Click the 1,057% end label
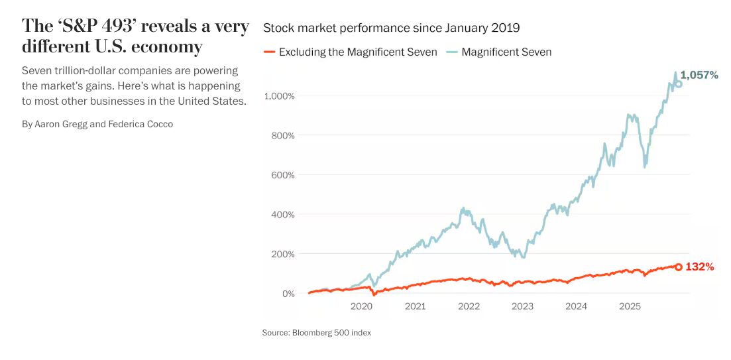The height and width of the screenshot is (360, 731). pyautogui.click(x=699, y=75)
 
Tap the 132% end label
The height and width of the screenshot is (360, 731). pyautogui.click(x=699, y=267)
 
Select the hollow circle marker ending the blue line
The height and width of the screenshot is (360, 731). pyautogui.click(x=678, y=84)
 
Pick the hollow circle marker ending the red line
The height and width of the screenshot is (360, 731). pyautogui.click(x=678, y=267)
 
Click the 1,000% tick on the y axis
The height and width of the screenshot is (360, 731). pyautogui.click(x=279, y=96)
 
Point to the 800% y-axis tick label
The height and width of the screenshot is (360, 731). pyautogui.click(x=282, y=135)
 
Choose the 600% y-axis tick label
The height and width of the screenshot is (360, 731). pyautogui.click(x=282, y=175)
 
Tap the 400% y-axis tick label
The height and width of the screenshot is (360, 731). pyautogui.click(x=282, y=214)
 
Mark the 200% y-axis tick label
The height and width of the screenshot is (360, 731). pyautogui.click(x=282, y=254)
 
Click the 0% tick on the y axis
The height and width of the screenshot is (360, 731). pyautogui.click(x=287, y=293)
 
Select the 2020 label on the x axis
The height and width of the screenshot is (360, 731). pyautogui.click(x=361, y=306)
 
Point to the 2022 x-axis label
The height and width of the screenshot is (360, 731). pyautogui.click(x=469, y=306)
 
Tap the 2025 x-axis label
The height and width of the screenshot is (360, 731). pyautogui.click(x=630, y=306)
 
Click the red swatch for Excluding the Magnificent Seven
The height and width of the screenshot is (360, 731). pyautogui.click(x=269, y=52)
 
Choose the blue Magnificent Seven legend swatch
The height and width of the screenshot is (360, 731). pyautogui.click(x=451, y=52)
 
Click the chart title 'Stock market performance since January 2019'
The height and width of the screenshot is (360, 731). pyautogui.click(x=391, y=28)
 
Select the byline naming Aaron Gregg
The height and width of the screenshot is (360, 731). pyautogui.click(x=97, y=124)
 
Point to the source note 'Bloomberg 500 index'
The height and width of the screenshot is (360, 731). pyautogui.click(x=331, y=333)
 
